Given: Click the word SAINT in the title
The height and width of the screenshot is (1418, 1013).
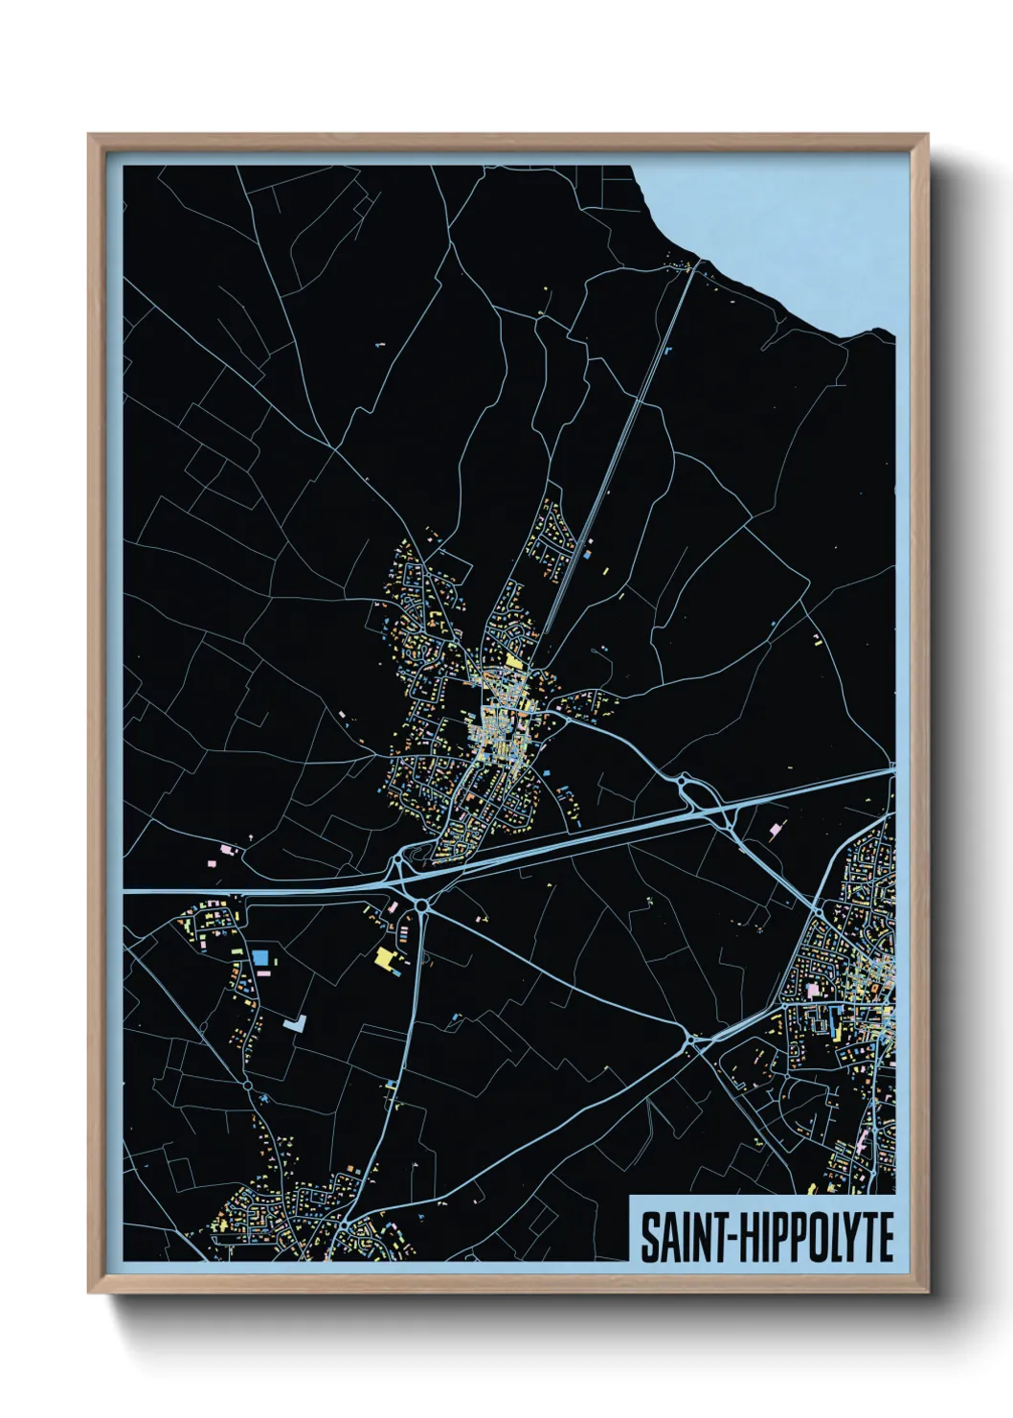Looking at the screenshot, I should tap(681, 1237).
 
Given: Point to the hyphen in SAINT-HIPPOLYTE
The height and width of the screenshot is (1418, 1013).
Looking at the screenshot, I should tap(732, 1238).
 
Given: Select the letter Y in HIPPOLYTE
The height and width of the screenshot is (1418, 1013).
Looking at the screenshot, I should tap(860, 1237).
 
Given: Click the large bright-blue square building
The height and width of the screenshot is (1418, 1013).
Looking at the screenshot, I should tap(260, 957).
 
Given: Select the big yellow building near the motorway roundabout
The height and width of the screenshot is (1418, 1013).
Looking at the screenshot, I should tap(385, 958).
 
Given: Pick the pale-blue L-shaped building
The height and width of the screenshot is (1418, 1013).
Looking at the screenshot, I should tap(294, 1023).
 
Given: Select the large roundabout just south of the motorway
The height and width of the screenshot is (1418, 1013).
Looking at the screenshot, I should tap(421, 905).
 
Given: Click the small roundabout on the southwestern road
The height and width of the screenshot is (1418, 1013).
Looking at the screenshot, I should tap(247, 1085).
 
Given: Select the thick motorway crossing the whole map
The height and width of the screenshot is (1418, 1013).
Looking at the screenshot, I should tap(574, 843).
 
